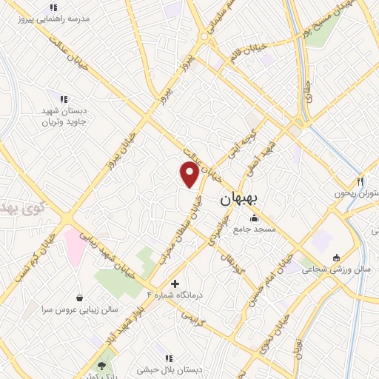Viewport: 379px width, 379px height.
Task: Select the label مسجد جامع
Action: coord(255,229)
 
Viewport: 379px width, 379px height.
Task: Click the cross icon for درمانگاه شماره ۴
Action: coord(175,284)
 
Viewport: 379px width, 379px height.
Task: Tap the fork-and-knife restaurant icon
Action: coord(361,181)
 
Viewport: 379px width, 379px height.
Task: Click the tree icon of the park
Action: coord(102,366)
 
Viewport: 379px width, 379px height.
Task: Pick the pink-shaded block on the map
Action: coord(75,245)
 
